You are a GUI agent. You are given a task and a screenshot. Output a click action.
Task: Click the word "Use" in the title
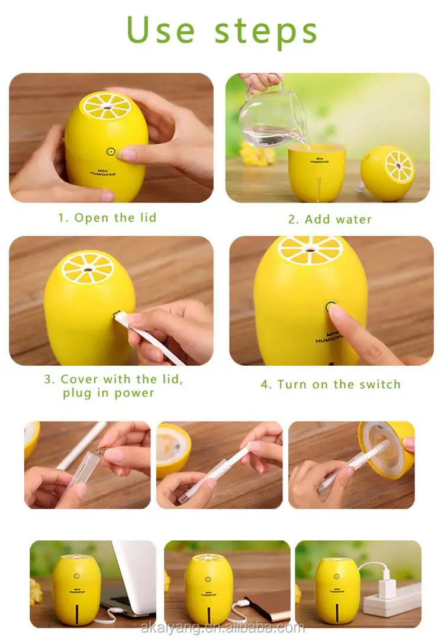pyautogui.click(x=160, y=31)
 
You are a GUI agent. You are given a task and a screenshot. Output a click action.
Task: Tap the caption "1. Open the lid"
pyautogui.click(x=107, y=218)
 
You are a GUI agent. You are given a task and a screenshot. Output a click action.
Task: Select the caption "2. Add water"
pyautogui.click(x=330, y=220)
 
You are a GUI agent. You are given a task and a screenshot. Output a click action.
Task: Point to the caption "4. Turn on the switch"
pyautogui.click(x=330, y=384)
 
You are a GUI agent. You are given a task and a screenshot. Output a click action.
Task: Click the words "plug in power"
pyautogui.click(x=108, y=393)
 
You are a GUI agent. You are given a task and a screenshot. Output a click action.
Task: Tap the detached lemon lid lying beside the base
pyautogui.click(x=388, y=172)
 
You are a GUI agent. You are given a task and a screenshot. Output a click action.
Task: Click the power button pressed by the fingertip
pyautogui.click(x=330, y=307)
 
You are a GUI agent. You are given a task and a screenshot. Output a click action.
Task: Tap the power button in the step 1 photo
pyautogui.click(x=111, y=152)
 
